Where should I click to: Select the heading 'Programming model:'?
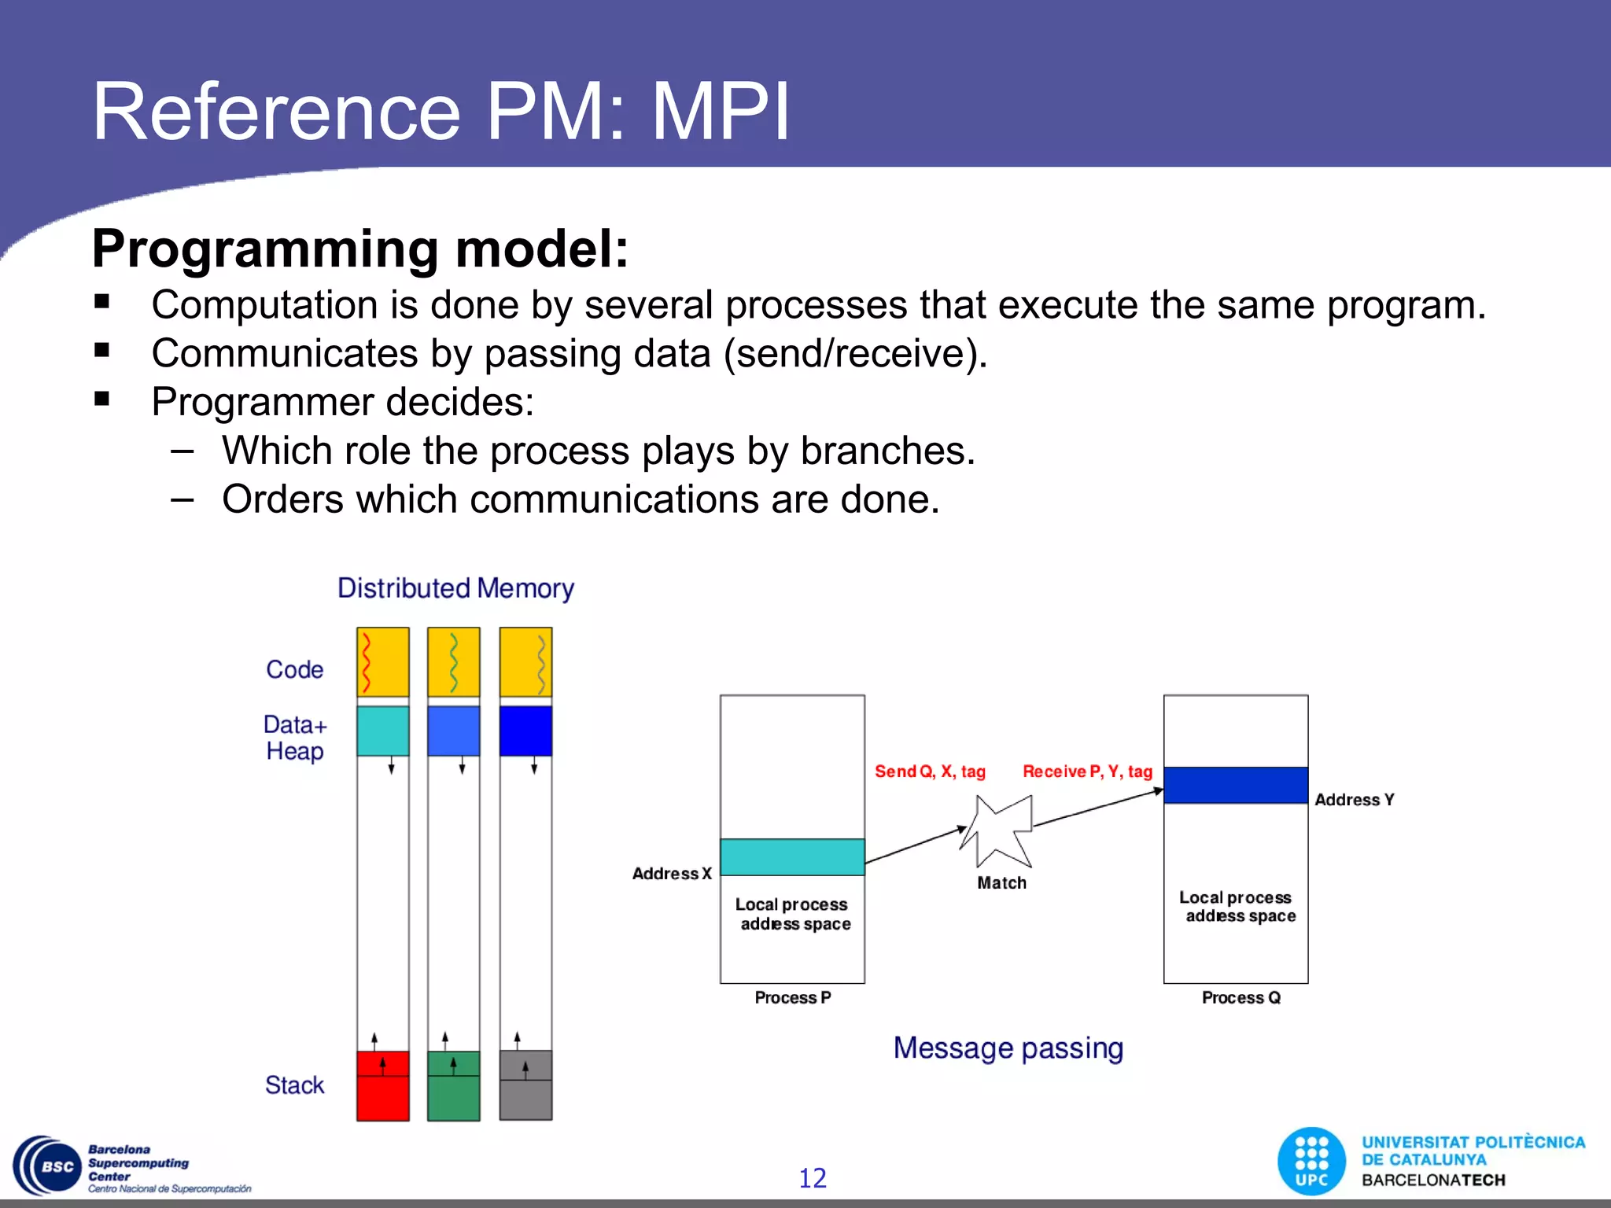click(360, 249)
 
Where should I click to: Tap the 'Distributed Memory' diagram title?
click(455, 588)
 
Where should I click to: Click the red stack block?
click(383, 1085)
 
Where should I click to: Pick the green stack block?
click(453, 1085)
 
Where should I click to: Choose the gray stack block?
click(525, 1085)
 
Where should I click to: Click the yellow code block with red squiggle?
click(383, 662)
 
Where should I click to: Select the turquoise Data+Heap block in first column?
click(383, 731)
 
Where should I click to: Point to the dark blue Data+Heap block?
click(525, 731)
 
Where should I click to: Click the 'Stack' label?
click(294, 1085)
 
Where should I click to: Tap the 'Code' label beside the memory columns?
click(294, 669)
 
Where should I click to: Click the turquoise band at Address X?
click(792, 857)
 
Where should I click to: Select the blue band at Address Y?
click(1236, 785)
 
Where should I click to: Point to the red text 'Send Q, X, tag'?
click(930, 772)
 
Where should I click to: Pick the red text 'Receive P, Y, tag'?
click(1087, 772)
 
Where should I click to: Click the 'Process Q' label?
click(1241, 997)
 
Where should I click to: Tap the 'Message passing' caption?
click(1008, 1048)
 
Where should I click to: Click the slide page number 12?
click(813, 1178)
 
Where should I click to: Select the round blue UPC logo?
click(1311, 1162)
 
